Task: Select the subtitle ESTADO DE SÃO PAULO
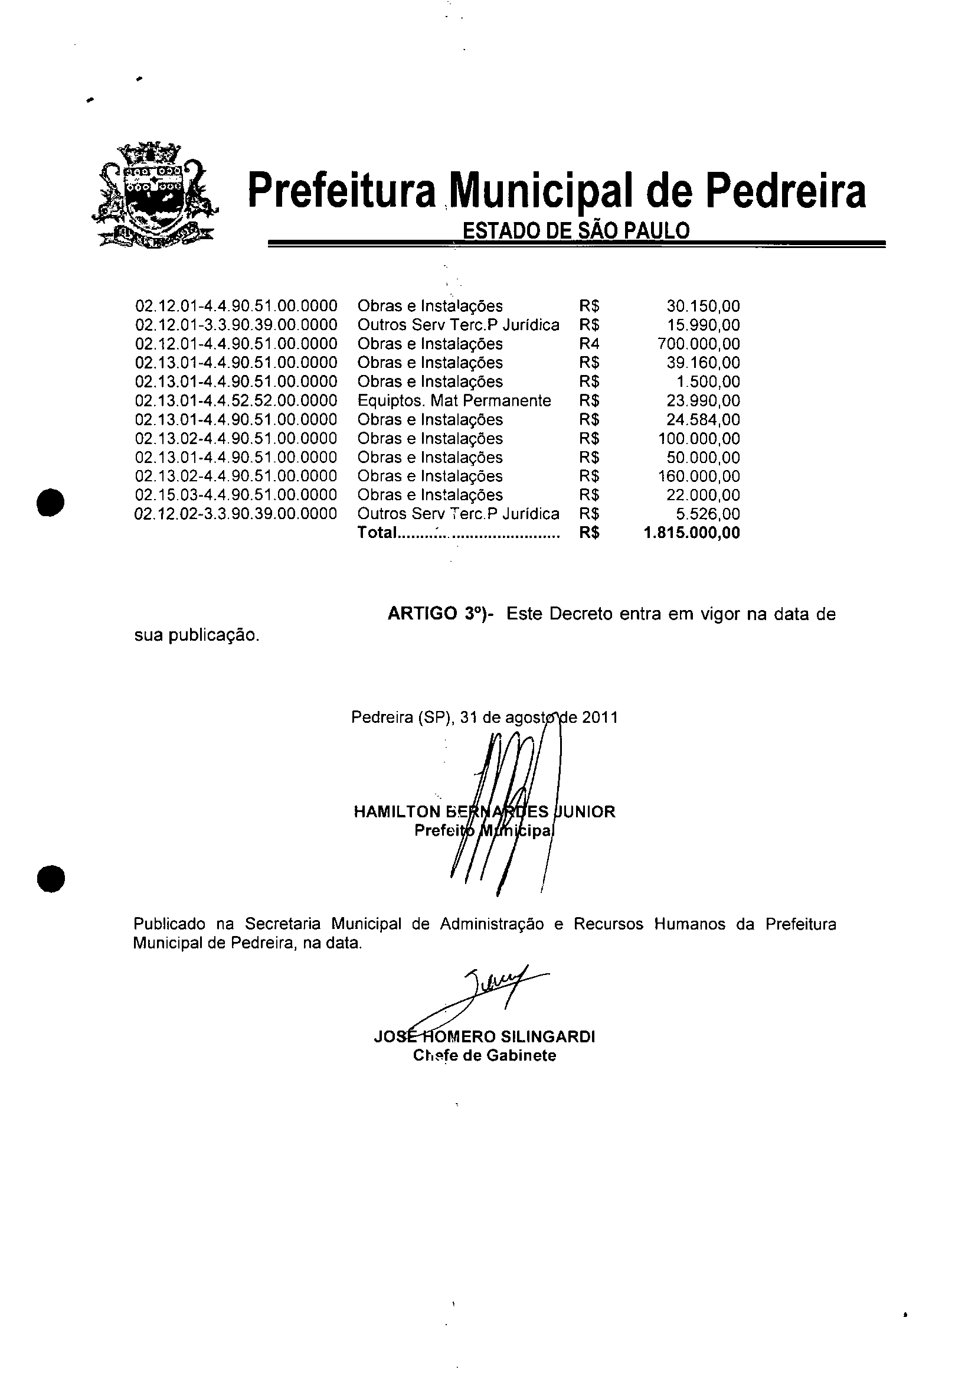(x=575, y=231)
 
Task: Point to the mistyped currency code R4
(x=589, y=344)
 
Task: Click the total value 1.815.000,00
(x=691, y=533)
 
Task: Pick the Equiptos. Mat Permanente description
(x=454, y=400)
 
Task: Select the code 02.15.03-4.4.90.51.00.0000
(x=235, y=495)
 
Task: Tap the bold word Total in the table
(x=377, y=533)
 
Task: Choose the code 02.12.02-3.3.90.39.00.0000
(x=235, y=514)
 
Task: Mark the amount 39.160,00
(x=703, y=363)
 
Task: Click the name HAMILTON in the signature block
(x=398, y=811)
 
